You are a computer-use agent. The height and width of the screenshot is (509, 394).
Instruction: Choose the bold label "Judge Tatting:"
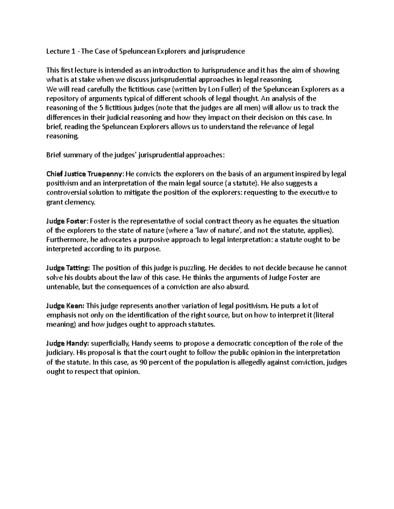(68, 268)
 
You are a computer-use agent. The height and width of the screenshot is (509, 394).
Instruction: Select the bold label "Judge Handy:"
(67, 343)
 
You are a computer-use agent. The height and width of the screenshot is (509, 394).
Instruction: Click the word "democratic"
(230, 343)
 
